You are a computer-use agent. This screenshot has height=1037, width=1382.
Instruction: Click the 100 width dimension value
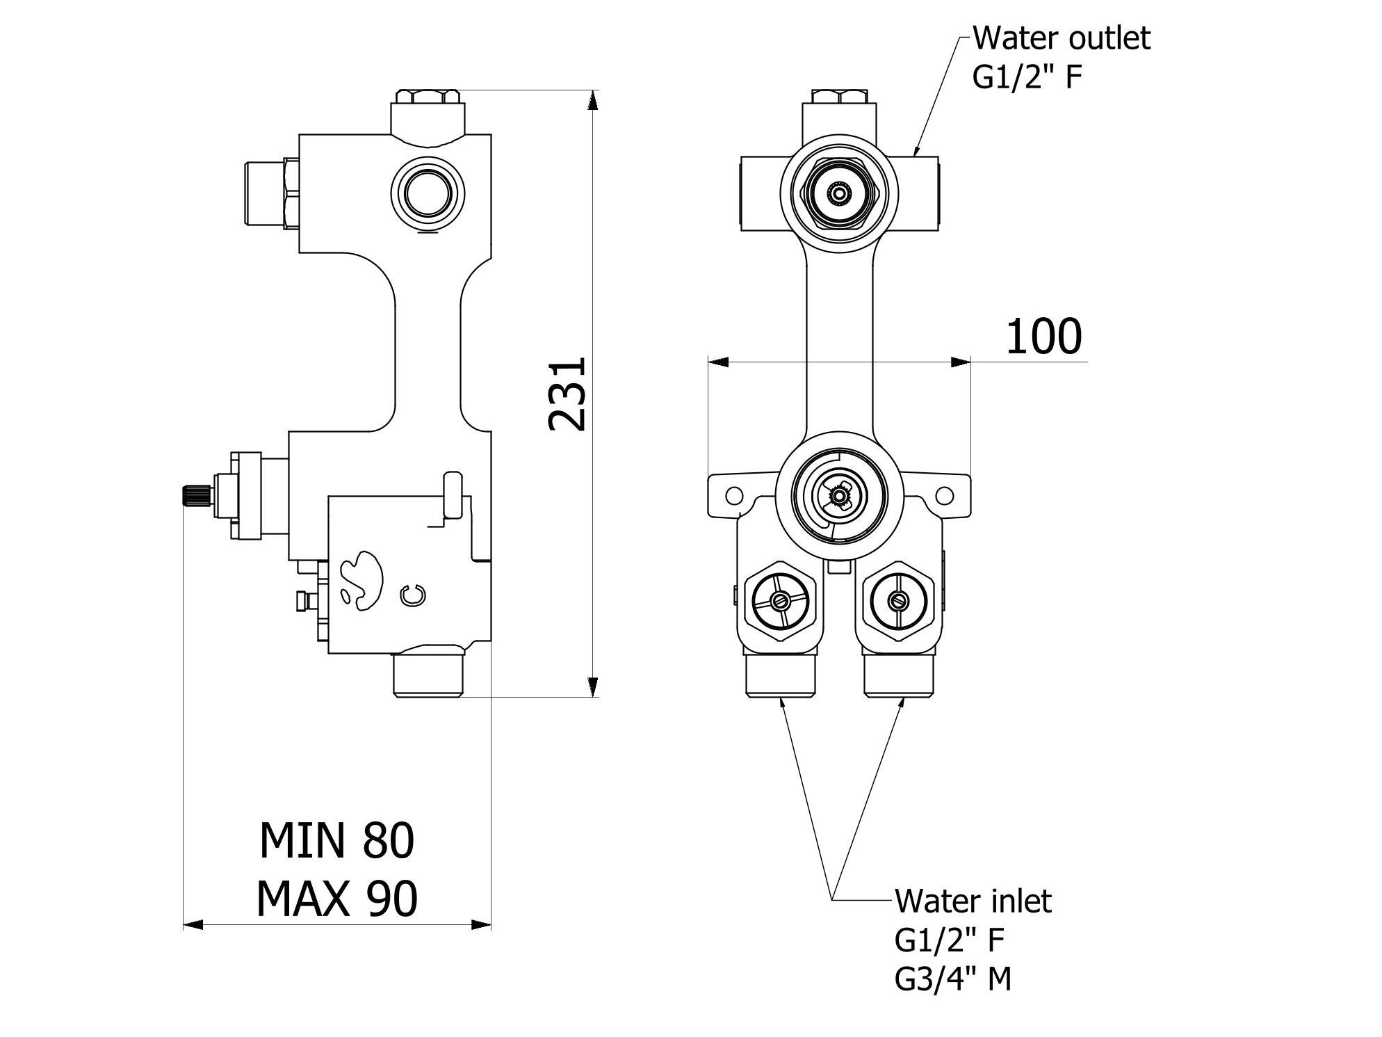tap(1043, 337)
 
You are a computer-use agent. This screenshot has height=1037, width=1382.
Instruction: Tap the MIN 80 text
tap(336, 840)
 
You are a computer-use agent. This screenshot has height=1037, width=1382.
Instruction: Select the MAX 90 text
tap(336, 899)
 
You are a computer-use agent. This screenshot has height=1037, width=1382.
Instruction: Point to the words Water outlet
tap(1061, 38)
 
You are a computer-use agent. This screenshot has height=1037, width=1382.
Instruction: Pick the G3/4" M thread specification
tap(952, 979)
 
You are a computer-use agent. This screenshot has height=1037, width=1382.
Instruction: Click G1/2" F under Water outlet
tap(1027, 77)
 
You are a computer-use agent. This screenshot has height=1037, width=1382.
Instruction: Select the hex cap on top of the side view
tap(427, 97)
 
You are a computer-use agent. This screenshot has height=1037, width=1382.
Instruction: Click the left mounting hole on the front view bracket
tap(732, 495)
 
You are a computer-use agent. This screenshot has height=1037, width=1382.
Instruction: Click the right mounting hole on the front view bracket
tap(944, 495)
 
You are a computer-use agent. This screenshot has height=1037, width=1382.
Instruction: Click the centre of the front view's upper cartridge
tap(838, 192)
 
